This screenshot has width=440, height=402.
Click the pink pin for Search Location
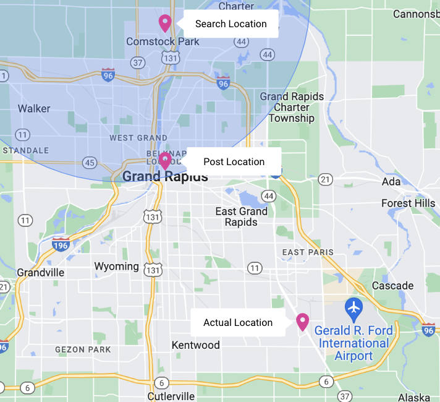pos(164,23)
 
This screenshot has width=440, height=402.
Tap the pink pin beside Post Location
pos(164,161)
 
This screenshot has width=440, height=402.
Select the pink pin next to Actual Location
pos(302,322)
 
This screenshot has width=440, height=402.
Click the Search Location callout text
pos(231,24)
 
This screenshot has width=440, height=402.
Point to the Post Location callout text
pos(234,162)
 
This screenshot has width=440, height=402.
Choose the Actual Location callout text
pos(238,323)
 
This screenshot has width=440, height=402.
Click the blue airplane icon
pos(353,306)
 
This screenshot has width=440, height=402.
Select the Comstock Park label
pos(163,41)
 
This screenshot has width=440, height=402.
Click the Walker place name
pos(34,109)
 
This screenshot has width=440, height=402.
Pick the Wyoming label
pos(116,267)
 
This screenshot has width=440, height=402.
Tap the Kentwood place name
pos(195,344)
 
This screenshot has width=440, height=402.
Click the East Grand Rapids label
pos(241,216)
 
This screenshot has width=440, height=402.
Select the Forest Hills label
pos(408,203)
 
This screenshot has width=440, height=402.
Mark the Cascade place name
pos(392,286)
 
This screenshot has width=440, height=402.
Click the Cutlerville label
pos(171,396)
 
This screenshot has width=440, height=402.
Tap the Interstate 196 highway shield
pos(61,244)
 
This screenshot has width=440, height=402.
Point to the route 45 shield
pos(90,163)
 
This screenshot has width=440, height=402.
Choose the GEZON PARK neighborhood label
pos(83,349)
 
